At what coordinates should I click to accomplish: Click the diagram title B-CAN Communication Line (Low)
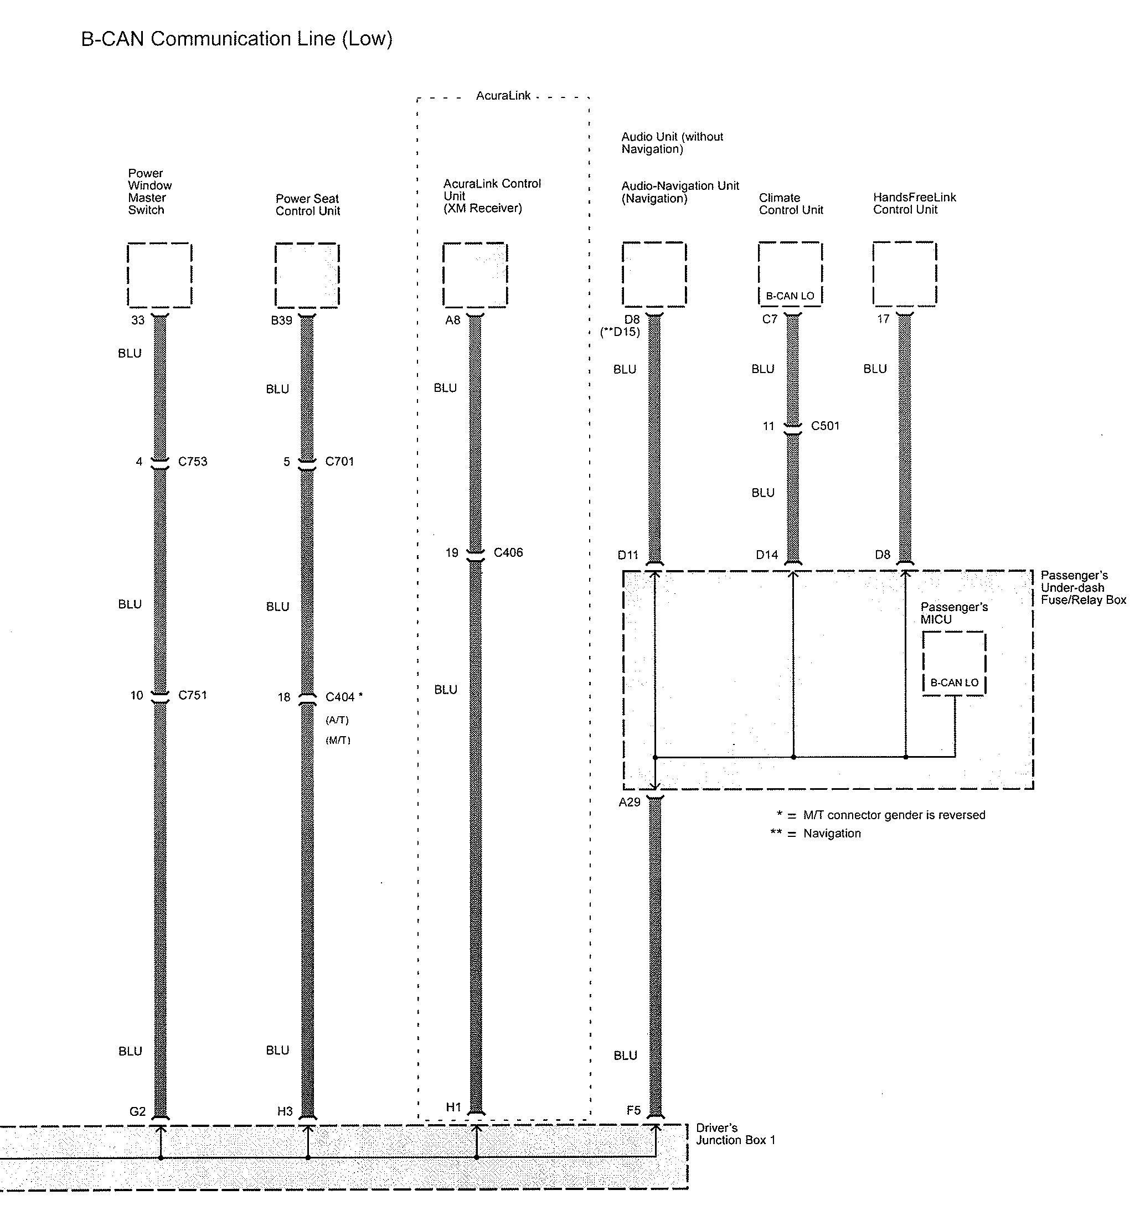(237, 39)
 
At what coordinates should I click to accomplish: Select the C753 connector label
(193, 461)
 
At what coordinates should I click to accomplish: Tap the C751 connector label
(193, 695)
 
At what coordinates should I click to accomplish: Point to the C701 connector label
(339, 461)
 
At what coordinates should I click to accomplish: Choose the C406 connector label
(508, 552)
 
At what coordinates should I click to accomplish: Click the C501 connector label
(825, 426)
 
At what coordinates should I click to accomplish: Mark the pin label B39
(281, 320)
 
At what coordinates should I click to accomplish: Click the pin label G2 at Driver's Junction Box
(137, 1111)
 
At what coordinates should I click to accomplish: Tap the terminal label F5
(633, 1110)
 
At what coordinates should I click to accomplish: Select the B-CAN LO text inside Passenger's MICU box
(954, 682)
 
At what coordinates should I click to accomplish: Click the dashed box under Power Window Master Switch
(159, 275)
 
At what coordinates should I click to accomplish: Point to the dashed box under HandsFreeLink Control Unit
(904, 275)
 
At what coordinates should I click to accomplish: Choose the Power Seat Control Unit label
(307, 205)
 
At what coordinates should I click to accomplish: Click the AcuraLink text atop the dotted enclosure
(503, 96)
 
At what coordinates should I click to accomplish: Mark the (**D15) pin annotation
(620, 332)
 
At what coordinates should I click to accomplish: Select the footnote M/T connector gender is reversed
(893, 815)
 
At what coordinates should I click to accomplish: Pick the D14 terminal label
(767, 555)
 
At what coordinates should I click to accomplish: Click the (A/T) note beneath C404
(337, 720)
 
